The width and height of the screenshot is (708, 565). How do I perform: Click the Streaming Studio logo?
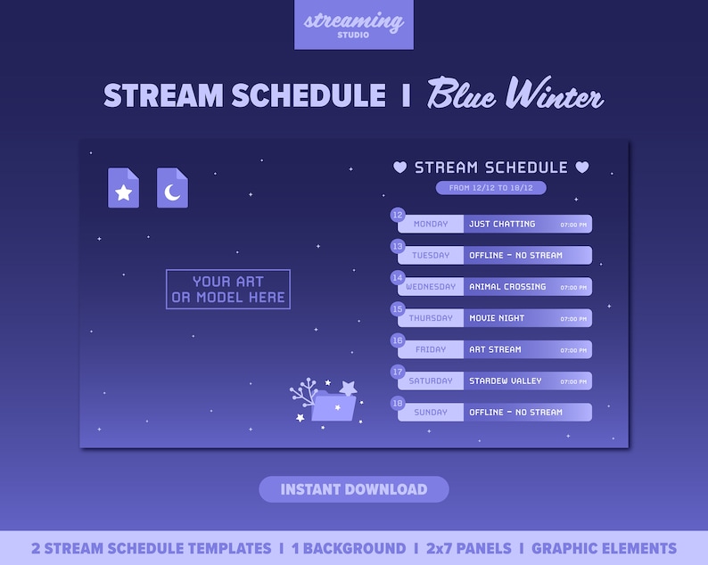(x=354, y=25)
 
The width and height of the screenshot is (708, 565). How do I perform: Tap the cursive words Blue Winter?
(x=515, y=94)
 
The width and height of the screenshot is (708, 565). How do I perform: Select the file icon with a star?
(x=123, y=188)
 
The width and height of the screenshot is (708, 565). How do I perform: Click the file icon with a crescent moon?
(x=172, y=188)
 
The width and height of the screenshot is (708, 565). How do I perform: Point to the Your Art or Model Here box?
(x=228, y=289)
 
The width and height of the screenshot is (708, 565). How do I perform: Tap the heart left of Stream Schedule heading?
(x=400, y=167)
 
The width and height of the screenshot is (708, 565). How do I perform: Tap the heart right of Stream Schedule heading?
(x=582, y=167)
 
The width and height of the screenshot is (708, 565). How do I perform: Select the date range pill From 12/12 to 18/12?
(x=490, y=188)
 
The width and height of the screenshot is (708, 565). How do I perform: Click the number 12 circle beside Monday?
(x=398, y=215)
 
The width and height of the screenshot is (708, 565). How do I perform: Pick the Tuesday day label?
(x=431, y=256)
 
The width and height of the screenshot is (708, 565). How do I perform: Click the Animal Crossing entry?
(x=507, y=287)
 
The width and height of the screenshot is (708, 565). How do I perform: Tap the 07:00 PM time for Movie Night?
(x=573, y=319)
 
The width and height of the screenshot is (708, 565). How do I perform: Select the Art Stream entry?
(x=495, y=349)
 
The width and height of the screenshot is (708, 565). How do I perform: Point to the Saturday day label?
(x=431, y=381)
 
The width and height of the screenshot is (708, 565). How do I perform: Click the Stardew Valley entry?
(x=506, y=381)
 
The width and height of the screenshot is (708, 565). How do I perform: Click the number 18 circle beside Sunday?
(x=398, y=404)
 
